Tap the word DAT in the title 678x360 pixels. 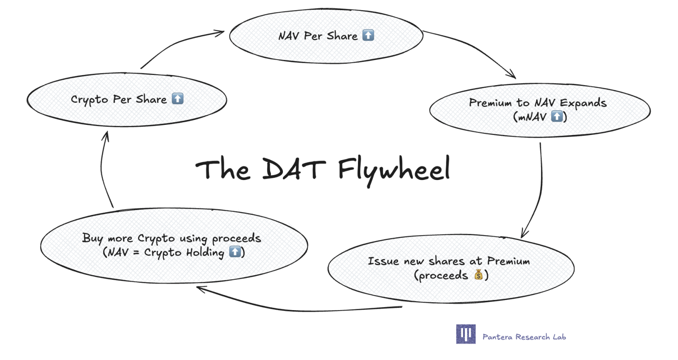294,169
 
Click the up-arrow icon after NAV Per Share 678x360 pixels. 368,35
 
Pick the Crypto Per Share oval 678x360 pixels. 127,113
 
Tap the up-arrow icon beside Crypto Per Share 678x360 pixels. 177,98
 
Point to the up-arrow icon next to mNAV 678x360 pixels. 557,116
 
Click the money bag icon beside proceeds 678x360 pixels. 478,275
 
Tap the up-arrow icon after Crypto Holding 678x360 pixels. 235,252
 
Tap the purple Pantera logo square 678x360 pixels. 466,334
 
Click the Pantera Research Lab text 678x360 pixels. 524,337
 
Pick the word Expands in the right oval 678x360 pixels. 583,103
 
